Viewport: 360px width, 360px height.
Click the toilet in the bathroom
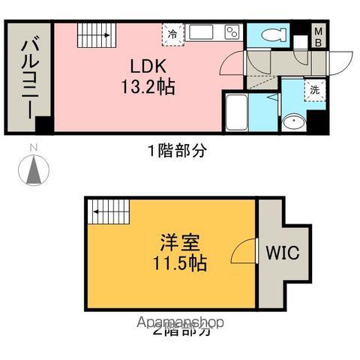(x=271, y=34)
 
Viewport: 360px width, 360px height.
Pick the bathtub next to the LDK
(x=238, y=112)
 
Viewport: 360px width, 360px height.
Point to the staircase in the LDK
(x=94, y=34)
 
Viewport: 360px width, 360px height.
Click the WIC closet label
(x=280, y=252)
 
